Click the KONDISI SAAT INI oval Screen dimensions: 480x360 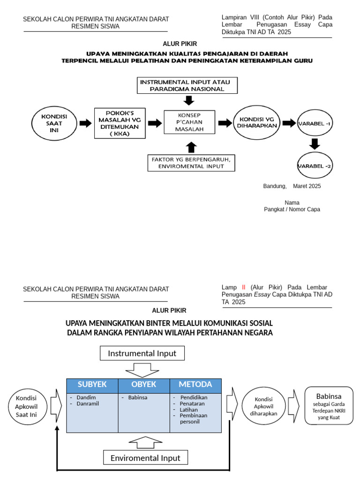(53, 123)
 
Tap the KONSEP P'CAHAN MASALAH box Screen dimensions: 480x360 (189, 122)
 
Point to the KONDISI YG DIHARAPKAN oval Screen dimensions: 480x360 (256, 122)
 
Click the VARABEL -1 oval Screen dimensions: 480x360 (315, 124)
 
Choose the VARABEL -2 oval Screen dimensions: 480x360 (315, 165)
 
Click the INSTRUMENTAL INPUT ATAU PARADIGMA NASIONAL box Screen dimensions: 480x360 (187, 85)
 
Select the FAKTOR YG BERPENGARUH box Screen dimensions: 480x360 (191, 163)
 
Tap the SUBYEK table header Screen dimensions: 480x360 (92, 385)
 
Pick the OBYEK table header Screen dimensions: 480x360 (143, 385)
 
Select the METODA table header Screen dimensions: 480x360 (195, 385)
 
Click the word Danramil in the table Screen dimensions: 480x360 (88, 404)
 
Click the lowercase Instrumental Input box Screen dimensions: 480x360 (142, 353)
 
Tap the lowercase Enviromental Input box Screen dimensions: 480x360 (145, 458)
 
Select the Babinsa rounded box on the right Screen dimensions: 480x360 (329, 405)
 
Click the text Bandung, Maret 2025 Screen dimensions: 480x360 (292, 186)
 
